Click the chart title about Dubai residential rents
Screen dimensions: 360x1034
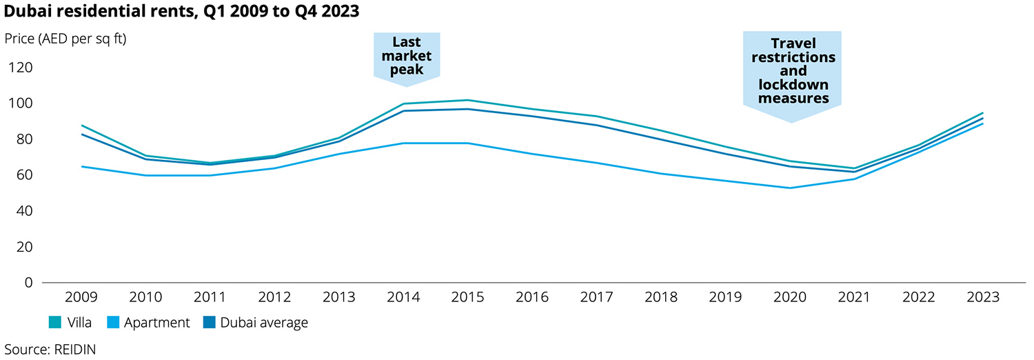click(181, 12)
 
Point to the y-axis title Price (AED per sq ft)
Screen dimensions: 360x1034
click(65, 38)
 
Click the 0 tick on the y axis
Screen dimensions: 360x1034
click(28, 283)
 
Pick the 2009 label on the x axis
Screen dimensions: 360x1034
click(81, 298)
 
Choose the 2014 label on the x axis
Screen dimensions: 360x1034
click(403, 298)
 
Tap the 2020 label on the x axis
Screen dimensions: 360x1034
click(790, 298)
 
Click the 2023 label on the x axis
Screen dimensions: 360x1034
click(983, 298)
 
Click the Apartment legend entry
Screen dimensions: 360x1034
click(148, 322)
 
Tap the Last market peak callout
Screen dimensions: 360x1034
click(407, 57)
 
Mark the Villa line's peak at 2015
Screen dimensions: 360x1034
click(467, 100)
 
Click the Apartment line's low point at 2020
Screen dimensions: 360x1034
click(790, 188)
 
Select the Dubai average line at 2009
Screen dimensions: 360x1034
click(81, 134)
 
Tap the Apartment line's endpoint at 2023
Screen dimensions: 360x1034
click(983, 123)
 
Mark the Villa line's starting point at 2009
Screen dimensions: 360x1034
click(81, 126)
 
